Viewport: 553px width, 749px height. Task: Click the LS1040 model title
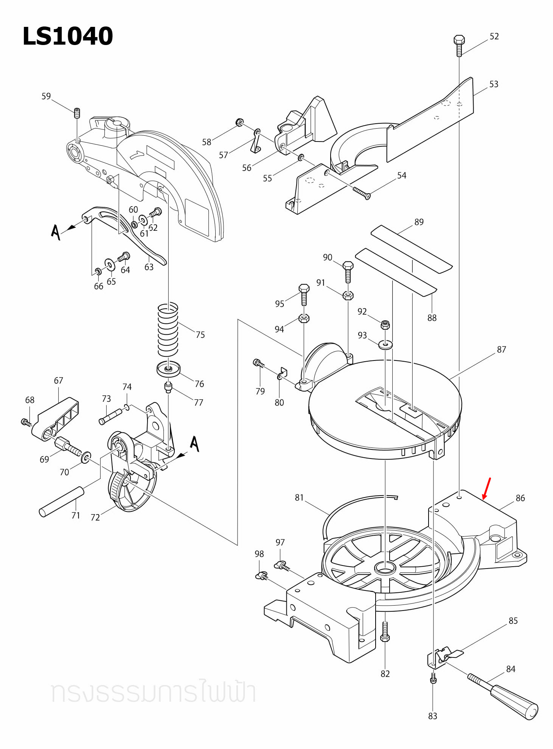(x=68, y=36)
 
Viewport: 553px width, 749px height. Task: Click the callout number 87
(x=501, y=350)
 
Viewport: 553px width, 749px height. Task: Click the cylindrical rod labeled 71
(x=62, y=501)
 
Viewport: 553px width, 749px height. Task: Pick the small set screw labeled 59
(x=77, y=113)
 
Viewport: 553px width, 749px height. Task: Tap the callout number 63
(x=149, y=267)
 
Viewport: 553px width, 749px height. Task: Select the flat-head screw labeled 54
(x=361, y=193)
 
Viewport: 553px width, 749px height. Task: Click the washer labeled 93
(x=385, y=344)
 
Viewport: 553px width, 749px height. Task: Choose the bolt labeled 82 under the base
(x=385, y=632)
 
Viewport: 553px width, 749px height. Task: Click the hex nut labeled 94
(x=304, y=318)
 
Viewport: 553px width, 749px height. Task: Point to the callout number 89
(x=419, y=222)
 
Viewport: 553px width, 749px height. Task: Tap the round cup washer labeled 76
(x=169, y=369)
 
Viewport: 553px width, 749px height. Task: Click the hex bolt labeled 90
(x=348, y=271)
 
